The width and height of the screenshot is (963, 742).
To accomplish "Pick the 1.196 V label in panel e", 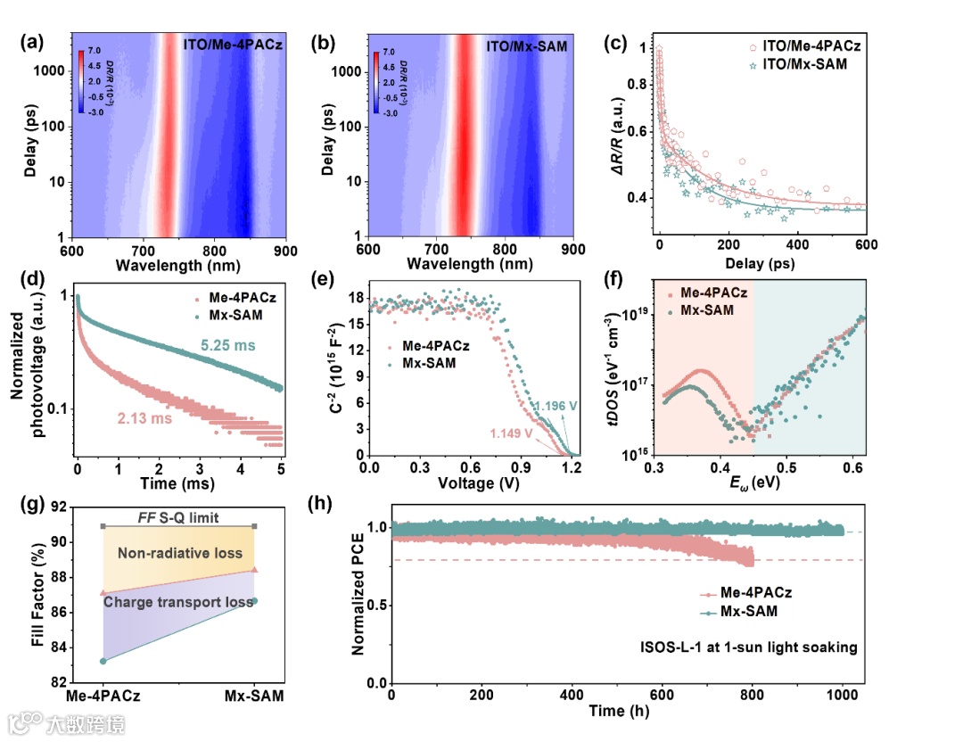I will pos(555,407).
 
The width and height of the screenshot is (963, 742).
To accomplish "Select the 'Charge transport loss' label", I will pos(178,602).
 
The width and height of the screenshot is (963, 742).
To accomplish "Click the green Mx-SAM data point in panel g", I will pos(255,601).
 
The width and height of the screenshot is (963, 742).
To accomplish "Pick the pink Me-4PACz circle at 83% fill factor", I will pos(103,661).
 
